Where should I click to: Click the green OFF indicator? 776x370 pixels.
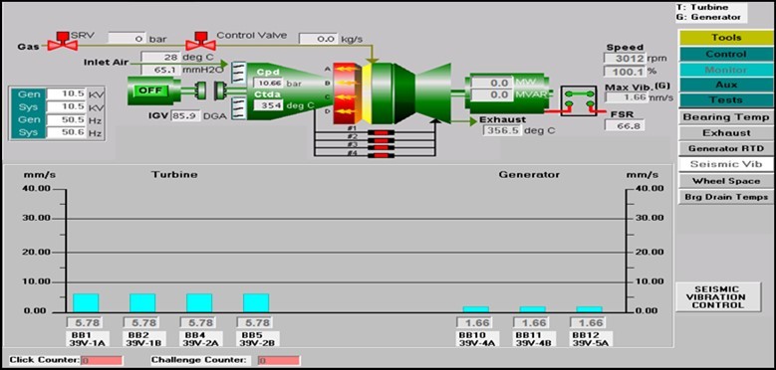click(x=149, y=90)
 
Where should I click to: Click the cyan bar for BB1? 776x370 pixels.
click(x=86, y=302)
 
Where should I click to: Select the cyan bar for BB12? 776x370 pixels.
click(x=590, y=308)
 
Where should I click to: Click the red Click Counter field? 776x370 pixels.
click(x=95, y=360)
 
